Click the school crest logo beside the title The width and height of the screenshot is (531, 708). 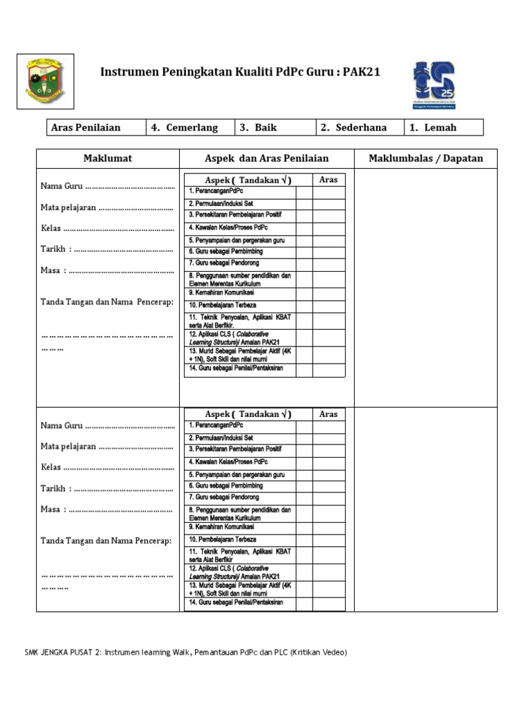(x=45, y=82)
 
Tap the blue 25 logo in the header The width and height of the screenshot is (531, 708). (x=434, y=84)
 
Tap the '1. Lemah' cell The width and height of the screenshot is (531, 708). (x=442, y=128)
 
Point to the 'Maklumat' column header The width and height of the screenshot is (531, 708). (x=108, y=158)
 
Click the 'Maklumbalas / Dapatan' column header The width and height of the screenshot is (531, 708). (x=426, y=158)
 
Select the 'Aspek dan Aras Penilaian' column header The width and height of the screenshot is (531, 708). (x=267, y=158)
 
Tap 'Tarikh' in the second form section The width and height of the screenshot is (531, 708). (x=53, y=489)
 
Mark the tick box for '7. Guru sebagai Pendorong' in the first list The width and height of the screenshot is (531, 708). (x=304, y=264)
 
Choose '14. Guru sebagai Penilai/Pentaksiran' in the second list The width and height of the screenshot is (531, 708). (x=236, y=603)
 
